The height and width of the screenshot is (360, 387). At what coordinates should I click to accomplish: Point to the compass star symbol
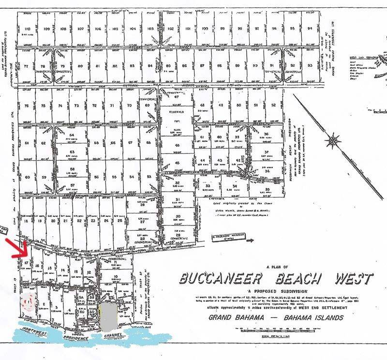(x=333, y=141)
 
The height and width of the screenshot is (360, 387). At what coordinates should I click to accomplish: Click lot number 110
(x=27, y=29)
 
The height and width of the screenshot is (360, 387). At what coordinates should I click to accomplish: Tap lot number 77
(x=26, y=66)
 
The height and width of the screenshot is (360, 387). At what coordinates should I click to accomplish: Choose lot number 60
(x=27, y=177)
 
